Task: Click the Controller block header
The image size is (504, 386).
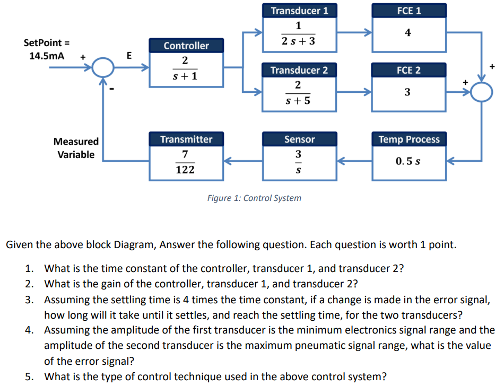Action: pyautogui.click(x=186, y=46)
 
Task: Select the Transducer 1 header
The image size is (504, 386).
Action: pyautogui.click(x=299, y=11)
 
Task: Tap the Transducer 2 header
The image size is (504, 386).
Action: pyautogui.click(x=299, y=70)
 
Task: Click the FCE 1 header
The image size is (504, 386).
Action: pyautogui.click(x=408, y=11)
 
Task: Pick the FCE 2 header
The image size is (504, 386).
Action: pyautogui.click(x=408, y=70)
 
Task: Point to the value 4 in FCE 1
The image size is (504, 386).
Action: pyautogui.click(x=407, y=33)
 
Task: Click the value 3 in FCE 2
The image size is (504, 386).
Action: pyautogui.click(x=407, y=92)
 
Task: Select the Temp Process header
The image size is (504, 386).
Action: pyautogui.click(x=409, y=139)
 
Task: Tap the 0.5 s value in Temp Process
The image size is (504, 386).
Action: pyautogui.click(x=408, y=161)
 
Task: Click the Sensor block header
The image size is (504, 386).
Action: pyautogui.click(x=299, y=139)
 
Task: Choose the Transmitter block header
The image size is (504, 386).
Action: pyautogui.click(x=186, y=139)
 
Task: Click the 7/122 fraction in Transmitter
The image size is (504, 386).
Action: pyautogui.click(x=185, y=162)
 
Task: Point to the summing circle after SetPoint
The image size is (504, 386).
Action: pyautogui.click(x=103, y=68)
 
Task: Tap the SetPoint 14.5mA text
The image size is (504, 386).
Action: pyautogui.click(x=47, y=49)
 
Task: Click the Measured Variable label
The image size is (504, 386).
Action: pyautogui.click(x=76, y=148)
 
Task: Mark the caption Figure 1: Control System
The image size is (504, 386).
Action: pyautogui.click(x=254, y=198)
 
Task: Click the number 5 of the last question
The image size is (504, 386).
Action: pyautogui.click(x=30, y=377)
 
